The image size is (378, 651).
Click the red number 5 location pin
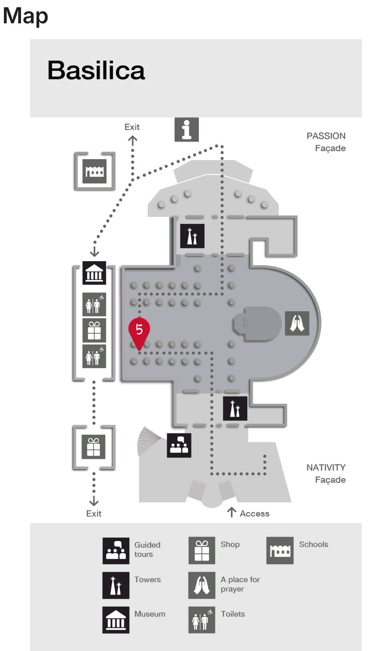[139, 331]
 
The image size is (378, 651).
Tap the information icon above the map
[187, 129]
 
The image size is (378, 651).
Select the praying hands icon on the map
[297, 323]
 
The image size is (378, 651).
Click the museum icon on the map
[94, 273]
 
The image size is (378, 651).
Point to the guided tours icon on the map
[179, 445]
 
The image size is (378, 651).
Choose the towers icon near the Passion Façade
[192, 236]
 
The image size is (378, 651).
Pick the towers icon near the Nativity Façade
[235, 408]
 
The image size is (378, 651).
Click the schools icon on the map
[94, 171]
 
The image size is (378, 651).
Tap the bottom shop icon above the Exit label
[94, 447]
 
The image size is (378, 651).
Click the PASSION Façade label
[326, 142]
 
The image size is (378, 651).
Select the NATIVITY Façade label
[326, 473]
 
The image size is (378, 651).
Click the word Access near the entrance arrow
[254, 514]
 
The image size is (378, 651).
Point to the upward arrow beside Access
[231, 512]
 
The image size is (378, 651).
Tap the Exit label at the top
[132, 127]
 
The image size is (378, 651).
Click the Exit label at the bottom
[94, 514]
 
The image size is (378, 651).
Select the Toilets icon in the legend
[202, 620]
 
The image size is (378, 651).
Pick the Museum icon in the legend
[116, 620]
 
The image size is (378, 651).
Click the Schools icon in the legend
[280, 551]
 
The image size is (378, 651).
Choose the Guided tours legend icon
[116, 551]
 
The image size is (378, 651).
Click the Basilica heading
[96, 70]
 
